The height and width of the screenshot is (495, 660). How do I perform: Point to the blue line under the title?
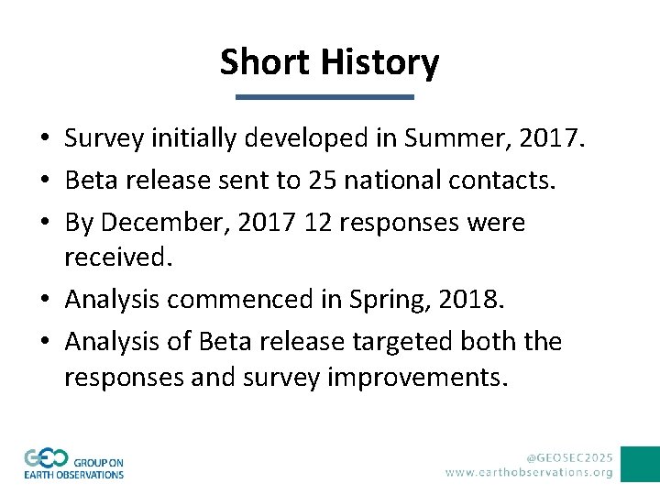pos(324,96)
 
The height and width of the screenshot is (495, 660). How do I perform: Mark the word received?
pos(117,258)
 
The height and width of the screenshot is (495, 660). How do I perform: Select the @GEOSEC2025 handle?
pos(569,456)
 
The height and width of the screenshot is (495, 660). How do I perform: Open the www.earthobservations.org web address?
pos(529,472)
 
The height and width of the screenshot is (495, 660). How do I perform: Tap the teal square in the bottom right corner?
pos(640,464)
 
